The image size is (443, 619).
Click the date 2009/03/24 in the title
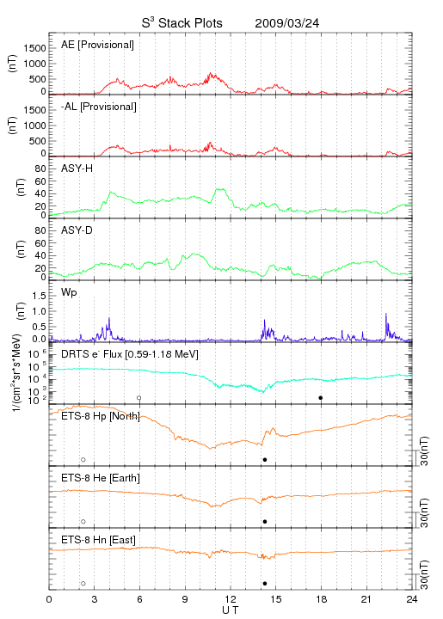click(286, 23)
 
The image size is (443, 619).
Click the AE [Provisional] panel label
click(97, 45)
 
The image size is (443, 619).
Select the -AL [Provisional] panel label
click(99, 107)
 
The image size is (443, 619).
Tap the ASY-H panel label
click(77, 169)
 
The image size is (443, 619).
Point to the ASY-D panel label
click(77, 230)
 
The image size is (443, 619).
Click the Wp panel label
click(69, 293)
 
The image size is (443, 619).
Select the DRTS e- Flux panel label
click(130, 354)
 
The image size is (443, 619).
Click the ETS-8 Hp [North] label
click(101, 416)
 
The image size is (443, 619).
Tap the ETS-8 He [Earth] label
click(101, 478)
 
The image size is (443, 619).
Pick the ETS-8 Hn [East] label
click(98, 540)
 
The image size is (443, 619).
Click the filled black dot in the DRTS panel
click(321, 398)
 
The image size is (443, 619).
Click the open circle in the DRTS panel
click(139, 398)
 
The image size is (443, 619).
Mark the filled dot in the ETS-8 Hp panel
click(265, 459)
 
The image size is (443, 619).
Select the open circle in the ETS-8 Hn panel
click(83, 584)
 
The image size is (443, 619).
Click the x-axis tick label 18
click(322, 599)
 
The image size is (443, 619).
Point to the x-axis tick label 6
click(139, 599)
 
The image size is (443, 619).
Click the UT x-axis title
click(231, 610)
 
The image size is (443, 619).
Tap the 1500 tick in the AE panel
click(34, 48)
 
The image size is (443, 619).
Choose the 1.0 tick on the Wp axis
click(39, 311)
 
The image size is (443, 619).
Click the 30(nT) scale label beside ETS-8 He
click(424, 513)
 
